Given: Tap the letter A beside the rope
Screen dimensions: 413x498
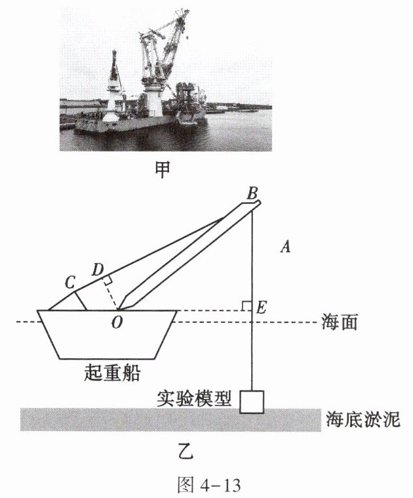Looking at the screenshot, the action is pos(285,247).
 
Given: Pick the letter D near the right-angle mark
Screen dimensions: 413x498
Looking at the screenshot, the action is pos(98,269).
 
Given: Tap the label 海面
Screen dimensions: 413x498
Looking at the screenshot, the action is pos(340,323).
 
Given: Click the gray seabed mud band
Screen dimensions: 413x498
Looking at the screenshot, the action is pos(131,419).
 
